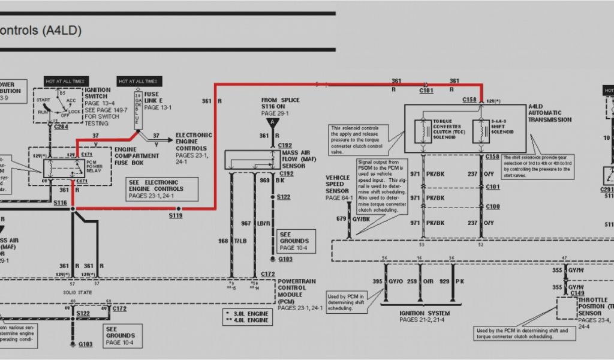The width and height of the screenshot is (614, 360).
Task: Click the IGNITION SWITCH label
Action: (96, 92)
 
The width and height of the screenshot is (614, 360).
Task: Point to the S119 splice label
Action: (175, 215)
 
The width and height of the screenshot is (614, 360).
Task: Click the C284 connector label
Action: (61, 127)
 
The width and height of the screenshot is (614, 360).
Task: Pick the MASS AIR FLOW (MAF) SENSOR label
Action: (298, 158)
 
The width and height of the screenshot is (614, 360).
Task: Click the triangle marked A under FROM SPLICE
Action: (273, 122)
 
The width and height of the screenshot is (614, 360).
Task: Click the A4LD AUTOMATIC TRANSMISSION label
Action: (549, 113)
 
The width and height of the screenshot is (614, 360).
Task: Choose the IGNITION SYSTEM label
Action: (425, 313)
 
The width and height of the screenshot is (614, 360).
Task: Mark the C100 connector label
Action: (492, 206)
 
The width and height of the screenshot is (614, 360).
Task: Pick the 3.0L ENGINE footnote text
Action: (247, 313)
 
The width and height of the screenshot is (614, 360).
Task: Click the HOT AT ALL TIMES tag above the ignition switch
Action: (66, 81)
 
